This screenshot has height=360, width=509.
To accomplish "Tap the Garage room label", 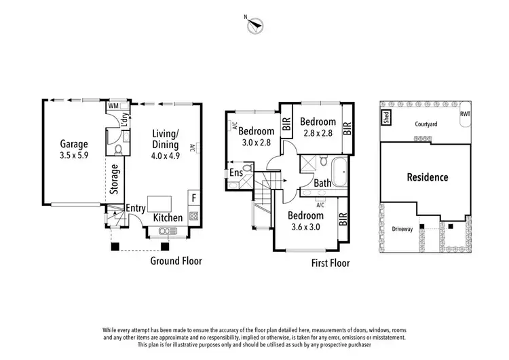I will (x=75, y=144).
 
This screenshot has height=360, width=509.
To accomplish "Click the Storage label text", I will (x=115, y=180).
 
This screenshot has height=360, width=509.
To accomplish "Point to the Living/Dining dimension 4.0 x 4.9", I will (x=166, y=156).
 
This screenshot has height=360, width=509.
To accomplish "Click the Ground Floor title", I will (x=176, y=260).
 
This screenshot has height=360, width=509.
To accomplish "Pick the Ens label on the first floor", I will (x=237, y=174).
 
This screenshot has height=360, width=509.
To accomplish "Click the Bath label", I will (x=322, y=183).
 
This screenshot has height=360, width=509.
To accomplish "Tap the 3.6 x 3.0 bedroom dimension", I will (x=305, y=228).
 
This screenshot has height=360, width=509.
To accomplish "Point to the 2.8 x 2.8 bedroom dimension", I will (x=318, y=134).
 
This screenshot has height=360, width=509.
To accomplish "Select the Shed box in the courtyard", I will (x=385, y=116).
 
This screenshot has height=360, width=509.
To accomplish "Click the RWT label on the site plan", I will (x=465, y=114).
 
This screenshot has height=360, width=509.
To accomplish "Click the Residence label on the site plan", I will (x=427, y=177).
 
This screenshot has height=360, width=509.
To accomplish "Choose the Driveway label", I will (x=402, y=229).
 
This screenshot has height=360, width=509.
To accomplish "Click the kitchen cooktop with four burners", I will (x=193, y=217).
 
